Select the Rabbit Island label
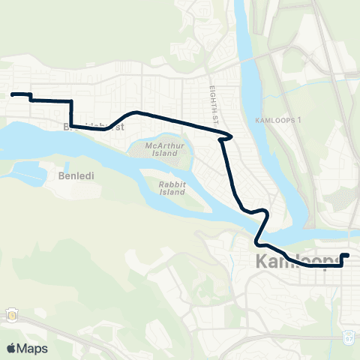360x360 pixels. tap(172, 187)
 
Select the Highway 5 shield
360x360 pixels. tap(13, 315)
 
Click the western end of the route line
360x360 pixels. tap(12, 94)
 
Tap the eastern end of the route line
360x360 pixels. tap(347, 256)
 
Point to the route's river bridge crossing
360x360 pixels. tap(263, 225)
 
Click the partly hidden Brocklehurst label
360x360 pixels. tap(94, 127)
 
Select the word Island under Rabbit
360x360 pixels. tap(172, 191)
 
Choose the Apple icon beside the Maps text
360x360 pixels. tap(11, 348)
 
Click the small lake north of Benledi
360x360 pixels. tap(30, 174)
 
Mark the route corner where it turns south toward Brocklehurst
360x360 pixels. tap(71, 100)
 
